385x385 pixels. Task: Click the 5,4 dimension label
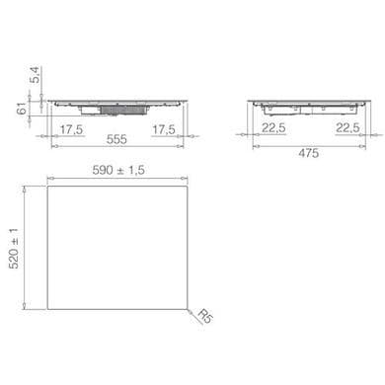(36, 75)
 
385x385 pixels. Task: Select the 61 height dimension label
(22, 109)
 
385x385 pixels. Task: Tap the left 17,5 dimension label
(71, 129)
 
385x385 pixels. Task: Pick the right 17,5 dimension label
(164, 129)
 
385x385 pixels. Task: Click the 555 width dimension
(116, 139)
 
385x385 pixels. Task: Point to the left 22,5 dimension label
(273, 127)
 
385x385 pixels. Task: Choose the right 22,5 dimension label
(347, 127)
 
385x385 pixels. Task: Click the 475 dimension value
(309, 153)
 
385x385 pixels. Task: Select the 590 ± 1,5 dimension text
(118, 170)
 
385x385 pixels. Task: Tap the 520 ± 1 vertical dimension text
(14, 248)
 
